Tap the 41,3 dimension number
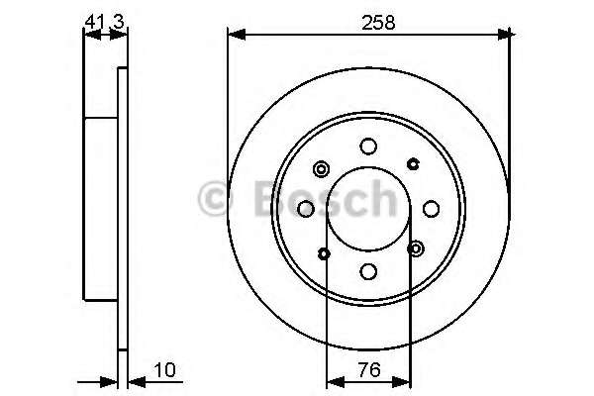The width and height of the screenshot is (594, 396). pos(105,19)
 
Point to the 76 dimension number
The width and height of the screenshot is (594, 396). pos(368,373)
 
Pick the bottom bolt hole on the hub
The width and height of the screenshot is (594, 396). pos(368,270)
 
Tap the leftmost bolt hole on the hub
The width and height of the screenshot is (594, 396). pos(306,208)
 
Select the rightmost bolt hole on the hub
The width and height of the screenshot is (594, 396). pos(431,208)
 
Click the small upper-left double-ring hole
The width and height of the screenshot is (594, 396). pos(321,168)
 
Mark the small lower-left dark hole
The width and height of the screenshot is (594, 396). pos(325,253)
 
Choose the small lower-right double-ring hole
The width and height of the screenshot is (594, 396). pos(416,247)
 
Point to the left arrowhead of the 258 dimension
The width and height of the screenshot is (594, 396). pos(235,36)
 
